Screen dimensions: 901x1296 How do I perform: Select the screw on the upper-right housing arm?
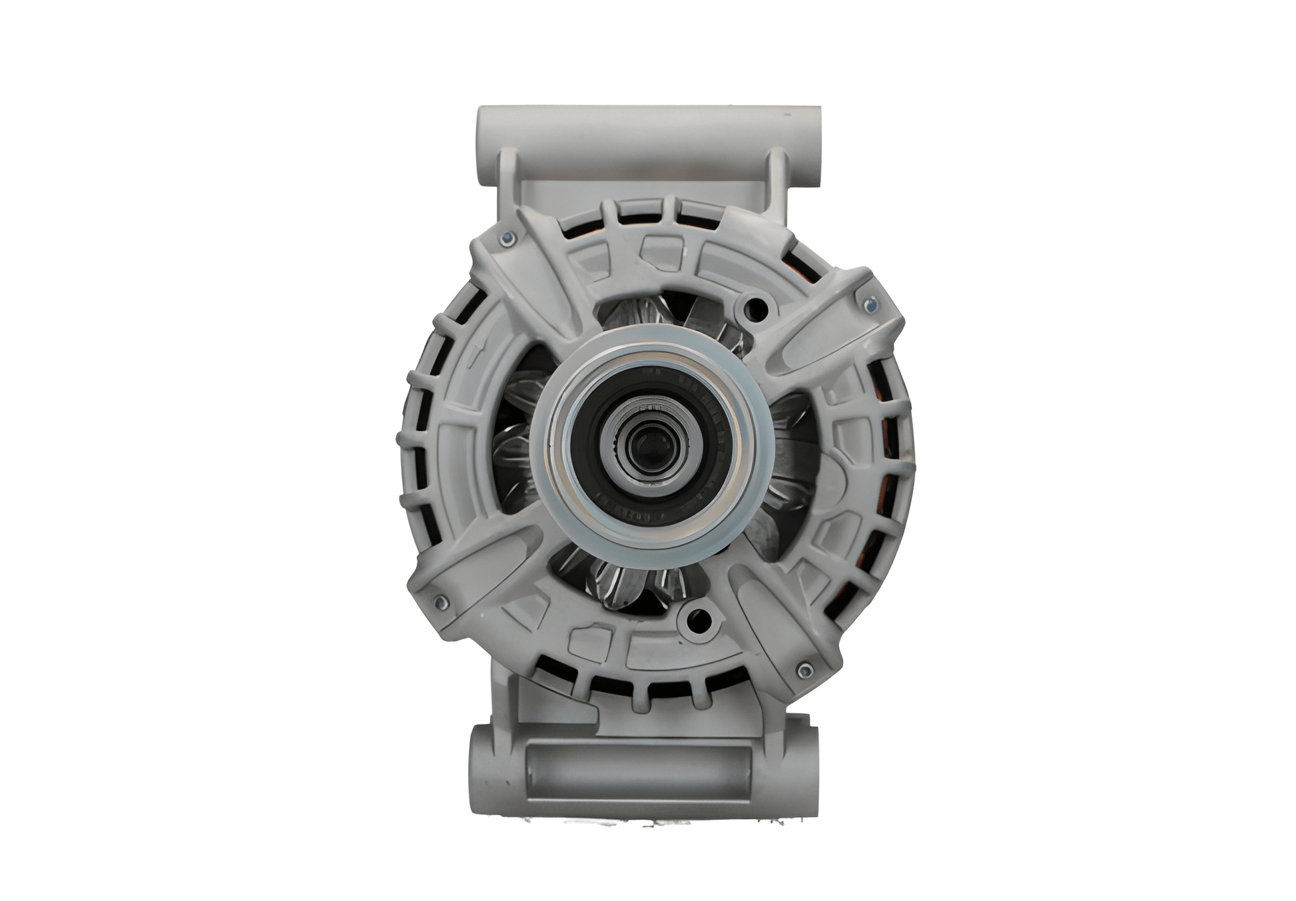[x=868, y=306]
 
